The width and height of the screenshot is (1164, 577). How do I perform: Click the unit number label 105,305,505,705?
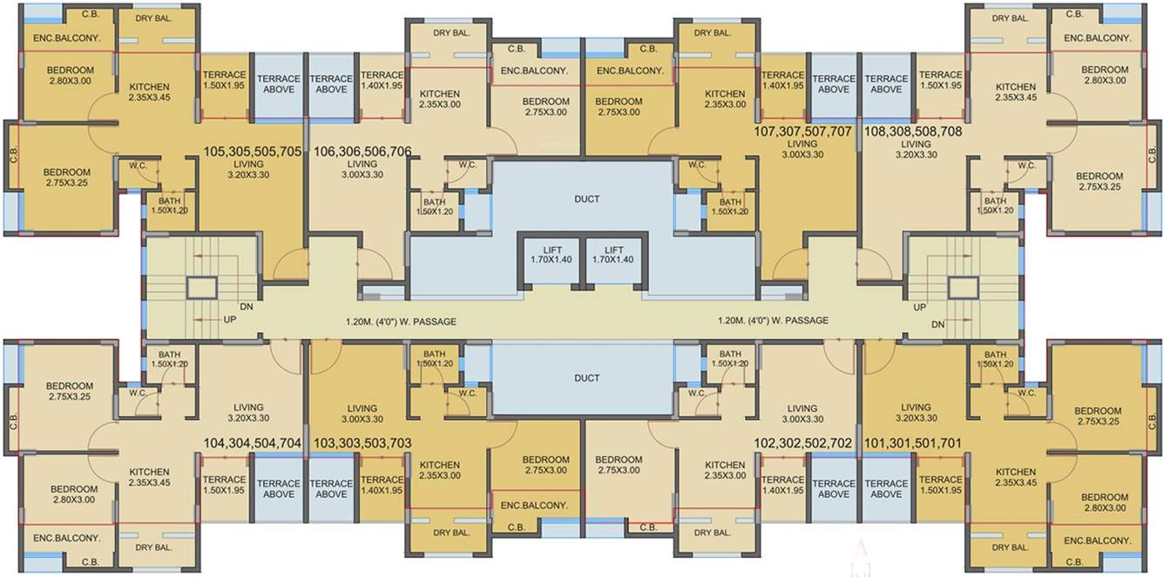253,152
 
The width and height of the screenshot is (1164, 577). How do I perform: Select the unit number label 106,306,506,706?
362,152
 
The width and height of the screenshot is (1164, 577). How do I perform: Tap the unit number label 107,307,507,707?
802,132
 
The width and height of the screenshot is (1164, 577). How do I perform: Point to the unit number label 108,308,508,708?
913,132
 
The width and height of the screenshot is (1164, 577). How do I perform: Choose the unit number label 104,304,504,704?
253,443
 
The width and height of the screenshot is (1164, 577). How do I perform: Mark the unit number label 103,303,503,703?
362,443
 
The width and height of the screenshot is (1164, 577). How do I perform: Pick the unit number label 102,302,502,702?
802,443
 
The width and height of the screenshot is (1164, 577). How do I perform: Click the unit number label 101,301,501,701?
913,443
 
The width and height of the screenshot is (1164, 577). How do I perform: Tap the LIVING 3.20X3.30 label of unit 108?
916,149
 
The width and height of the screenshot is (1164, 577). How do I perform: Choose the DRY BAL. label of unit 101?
1011,547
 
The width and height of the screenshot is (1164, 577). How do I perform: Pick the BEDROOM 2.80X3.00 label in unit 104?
74,494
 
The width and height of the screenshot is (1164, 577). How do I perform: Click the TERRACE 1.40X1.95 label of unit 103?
382,485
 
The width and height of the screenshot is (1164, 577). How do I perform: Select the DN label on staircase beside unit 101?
937,324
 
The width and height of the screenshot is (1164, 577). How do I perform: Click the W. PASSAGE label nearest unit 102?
773,320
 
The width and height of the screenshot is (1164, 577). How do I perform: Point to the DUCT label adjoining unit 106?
586,199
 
